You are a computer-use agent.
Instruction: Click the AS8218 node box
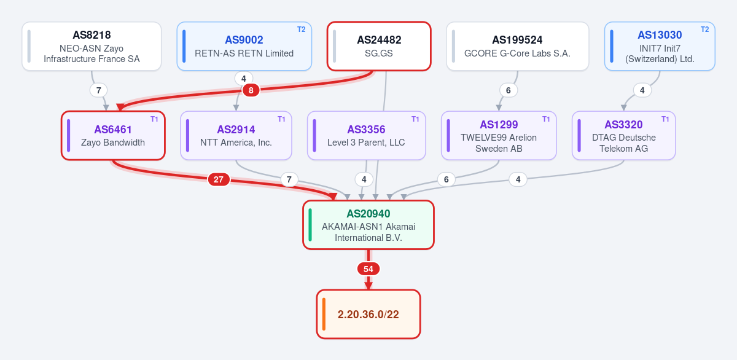[92, 47]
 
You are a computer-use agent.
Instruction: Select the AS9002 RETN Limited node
[244, 47]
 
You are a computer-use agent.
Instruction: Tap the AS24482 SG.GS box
[379, 47]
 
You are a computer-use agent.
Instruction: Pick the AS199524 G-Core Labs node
[518, 47]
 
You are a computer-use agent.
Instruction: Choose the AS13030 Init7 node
[660, 47]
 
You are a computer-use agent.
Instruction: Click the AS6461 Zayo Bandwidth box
[113, 136]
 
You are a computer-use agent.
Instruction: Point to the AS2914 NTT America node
[236, 136]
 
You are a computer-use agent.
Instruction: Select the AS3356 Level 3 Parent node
[366, 136]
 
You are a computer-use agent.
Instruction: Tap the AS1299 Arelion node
[499, 136]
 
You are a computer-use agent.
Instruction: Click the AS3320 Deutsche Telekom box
[624, 136]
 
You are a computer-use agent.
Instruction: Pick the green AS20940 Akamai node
[368, 225]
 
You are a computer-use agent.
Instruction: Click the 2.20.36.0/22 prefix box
[368, 315]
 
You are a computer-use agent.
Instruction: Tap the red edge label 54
[368, 269]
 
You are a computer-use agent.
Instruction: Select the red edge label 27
[219, 179]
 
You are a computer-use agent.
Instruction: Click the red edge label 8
[251, 90]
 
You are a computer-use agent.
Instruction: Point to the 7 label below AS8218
[98, 90]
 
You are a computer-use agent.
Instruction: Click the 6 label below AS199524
[509, 90]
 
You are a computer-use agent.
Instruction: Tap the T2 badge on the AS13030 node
[705, 29]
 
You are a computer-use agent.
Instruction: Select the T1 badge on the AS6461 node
[154, 119]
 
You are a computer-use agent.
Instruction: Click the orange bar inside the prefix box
[324, 315]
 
